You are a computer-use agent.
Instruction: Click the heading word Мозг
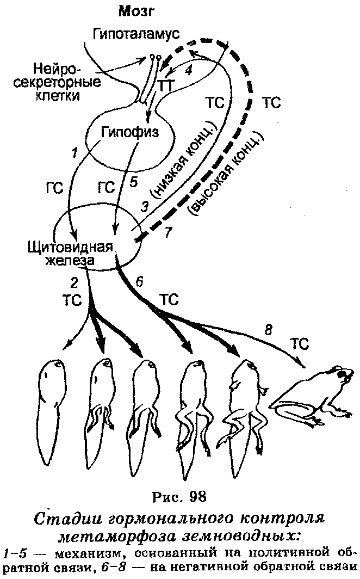[135, 12]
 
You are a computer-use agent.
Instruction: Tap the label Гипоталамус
[136, 34]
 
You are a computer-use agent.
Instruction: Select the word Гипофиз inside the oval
[129, 132]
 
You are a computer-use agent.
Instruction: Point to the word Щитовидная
[70, 247]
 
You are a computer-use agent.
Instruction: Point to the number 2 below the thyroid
[74, 283]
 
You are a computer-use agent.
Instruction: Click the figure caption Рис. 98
[179, 496]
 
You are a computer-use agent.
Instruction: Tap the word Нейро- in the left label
[57, 69]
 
